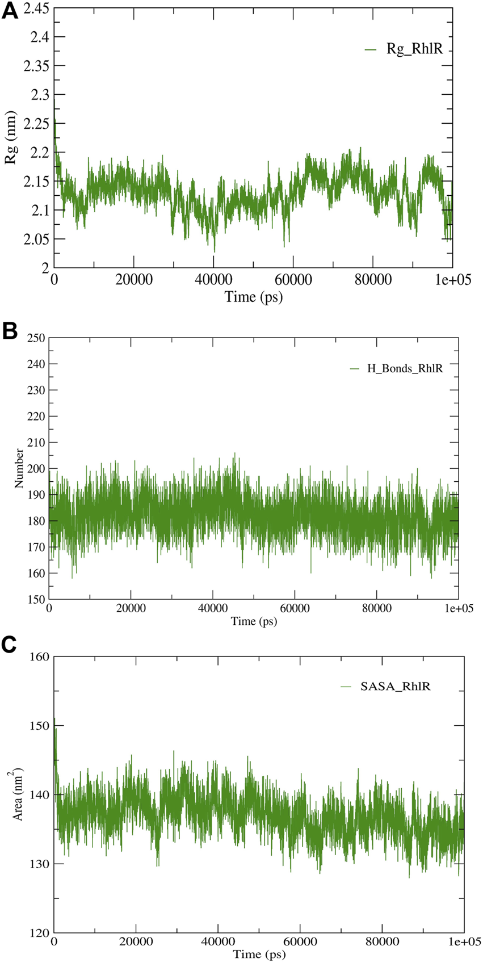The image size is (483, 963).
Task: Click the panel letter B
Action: click(10, 331)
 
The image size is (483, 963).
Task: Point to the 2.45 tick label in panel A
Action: click(36, 8)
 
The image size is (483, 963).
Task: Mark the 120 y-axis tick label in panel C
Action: click(39, 932)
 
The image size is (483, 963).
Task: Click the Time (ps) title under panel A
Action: click(253, 296)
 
